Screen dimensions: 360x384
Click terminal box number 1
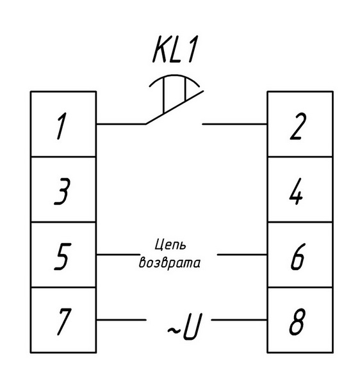pos(63,124)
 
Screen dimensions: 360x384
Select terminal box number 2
pos(300,124)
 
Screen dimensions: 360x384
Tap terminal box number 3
pos(63,189)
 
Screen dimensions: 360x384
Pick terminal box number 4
pos(300,189)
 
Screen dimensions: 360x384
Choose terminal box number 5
pos(63,255)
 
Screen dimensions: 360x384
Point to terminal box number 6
pos(300,255)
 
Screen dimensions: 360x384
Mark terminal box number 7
pos(63,320)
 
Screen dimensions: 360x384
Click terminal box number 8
pos(300,320)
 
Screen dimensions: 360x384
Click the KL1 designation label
pos(175,49)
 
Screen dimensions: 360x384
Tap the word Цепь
pos(170,244)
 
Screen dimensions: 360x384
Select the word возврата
pos(170,263)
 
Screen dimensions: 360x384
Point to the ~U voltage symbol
pos(185,326)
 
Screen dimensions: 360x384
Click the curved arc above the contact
pos(174,76)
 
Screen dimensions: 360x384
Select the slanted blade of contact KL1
pos(174,108)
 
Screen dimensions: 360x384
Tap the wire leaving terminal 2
pos(234,124)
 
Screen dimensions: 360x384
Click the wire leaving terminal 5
pos(118,255)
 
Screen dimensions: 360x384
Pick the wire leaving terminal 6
pos(242,255)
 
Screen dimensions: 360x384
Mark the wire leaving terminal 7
pos(121,320)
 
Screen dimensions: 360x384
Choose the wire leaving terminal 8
pos(239,320)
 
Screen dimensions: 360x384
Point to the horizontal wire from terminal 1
pos(121,124)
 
